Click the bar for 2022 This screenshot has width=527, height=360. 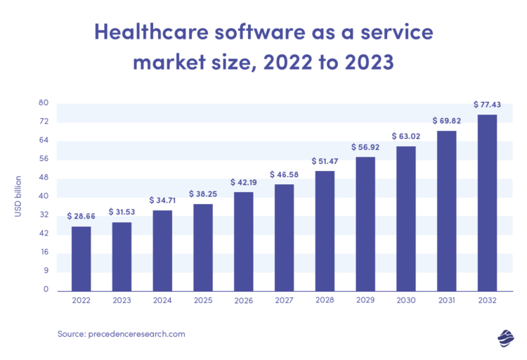[81, 258]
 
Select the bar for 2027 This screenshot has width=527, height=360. [284, 237]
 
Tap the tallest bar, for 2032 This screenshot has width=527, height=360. [487, 202]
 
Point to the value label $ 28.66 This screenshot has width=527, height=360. [81, 216]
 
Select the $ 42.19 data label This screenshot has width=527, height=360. [244, 181]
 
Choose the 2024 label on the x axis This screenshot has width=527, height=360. [162, 301]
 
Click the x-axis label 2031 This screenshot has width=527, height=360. [447, 301]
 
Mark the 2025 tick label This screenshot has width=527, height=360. [203, 301]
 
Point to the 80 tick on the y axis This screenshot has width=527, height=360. [44, 103]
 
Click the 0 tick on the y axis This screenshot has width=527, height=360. [46, 289]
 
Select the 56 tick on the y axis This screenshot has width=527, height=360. [44, 159]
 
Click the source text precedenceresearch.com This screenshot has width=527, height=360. [138, 334]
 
